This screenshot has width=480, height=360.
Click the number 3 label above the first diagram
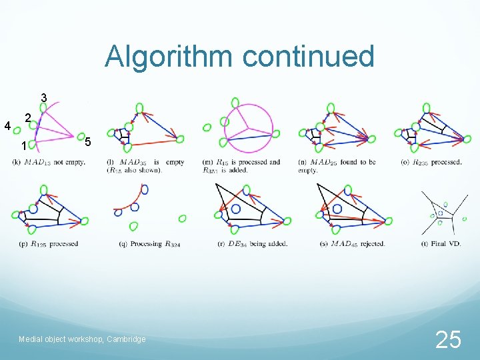tap(43, 98)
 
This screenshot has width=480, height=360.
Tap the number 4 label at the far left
tap(7, 125)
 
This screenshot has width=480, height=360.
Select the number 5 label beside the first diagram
tap(88, 142)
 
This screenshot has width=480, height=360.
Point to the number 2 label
tap(27, 118)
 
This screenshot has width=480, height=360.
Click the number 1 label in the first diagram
tap(23, 146)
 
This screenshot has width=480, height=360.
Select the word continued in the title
tap(308, 57)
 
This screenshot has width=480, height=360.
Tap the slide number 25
tap(447, 340)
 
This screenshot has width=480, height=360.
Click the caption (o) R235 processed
tap(431, 162)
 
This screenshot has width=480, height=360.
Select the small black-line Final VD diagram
tap(442, 212)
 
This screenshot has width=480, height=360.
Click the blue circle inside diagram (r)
tap(236, 209)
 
